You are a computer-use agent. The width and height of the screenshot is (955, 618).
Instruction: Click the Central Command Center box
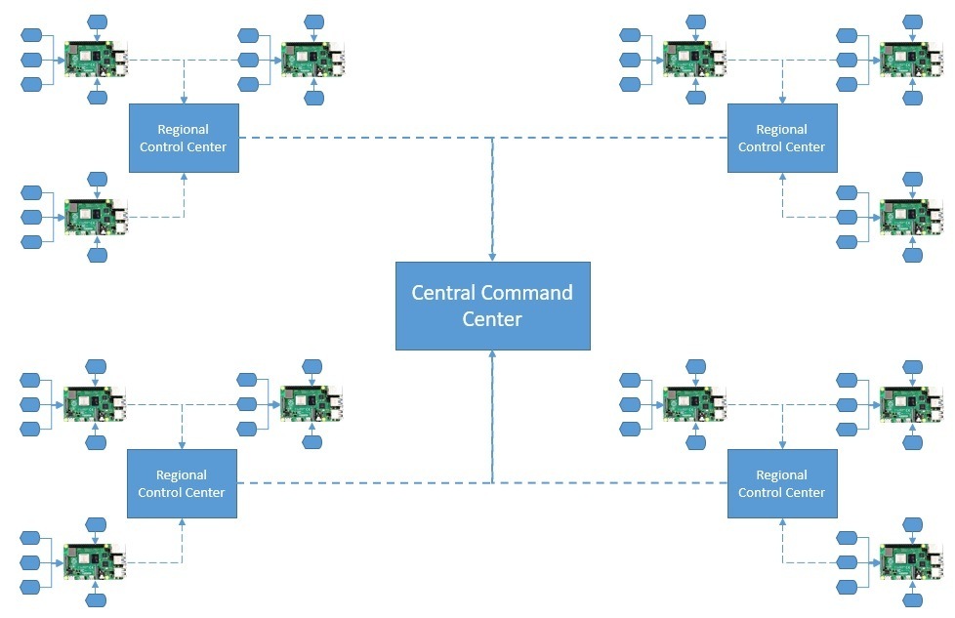(x=492, y=306)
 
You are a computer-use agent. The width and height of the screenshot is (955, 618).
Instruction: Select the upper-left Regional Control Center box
(x=184, y=138)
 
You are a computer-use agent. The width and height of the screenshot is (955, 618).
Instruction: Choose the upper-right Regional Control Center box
(x=781, y=138)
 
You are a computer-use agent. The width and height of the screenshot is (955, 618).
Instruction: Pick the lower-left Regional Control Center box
(x=182, y=483)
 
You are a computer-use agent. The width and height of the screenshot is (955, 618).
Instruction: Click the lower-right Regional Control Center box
(x=781, y=483)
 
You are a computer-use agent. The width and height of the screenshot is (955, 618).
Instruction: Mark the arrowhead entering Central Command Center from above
(x=492, y=257)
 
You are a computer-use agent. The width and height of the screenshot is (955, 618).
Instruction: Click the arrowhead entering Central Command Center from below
(x=492, y=355)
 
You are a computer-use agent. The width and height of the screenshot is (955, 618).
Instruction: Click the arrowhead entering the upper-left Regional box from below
(x=184, y=178)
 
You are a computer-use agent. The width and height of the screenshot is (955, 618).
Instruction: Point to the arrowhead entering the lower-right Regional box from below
(x=781, y=523)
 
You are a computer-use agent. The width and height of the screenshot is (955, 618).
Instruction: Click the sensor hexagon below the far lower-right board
(x=912, y=599)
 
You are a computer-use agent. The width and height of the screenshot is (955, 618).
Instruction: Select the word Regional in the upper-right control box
(x=781, y=129)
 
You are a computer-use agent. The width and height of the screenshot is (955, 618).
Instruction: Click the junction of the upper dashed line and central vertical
(x=492, y=138)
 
